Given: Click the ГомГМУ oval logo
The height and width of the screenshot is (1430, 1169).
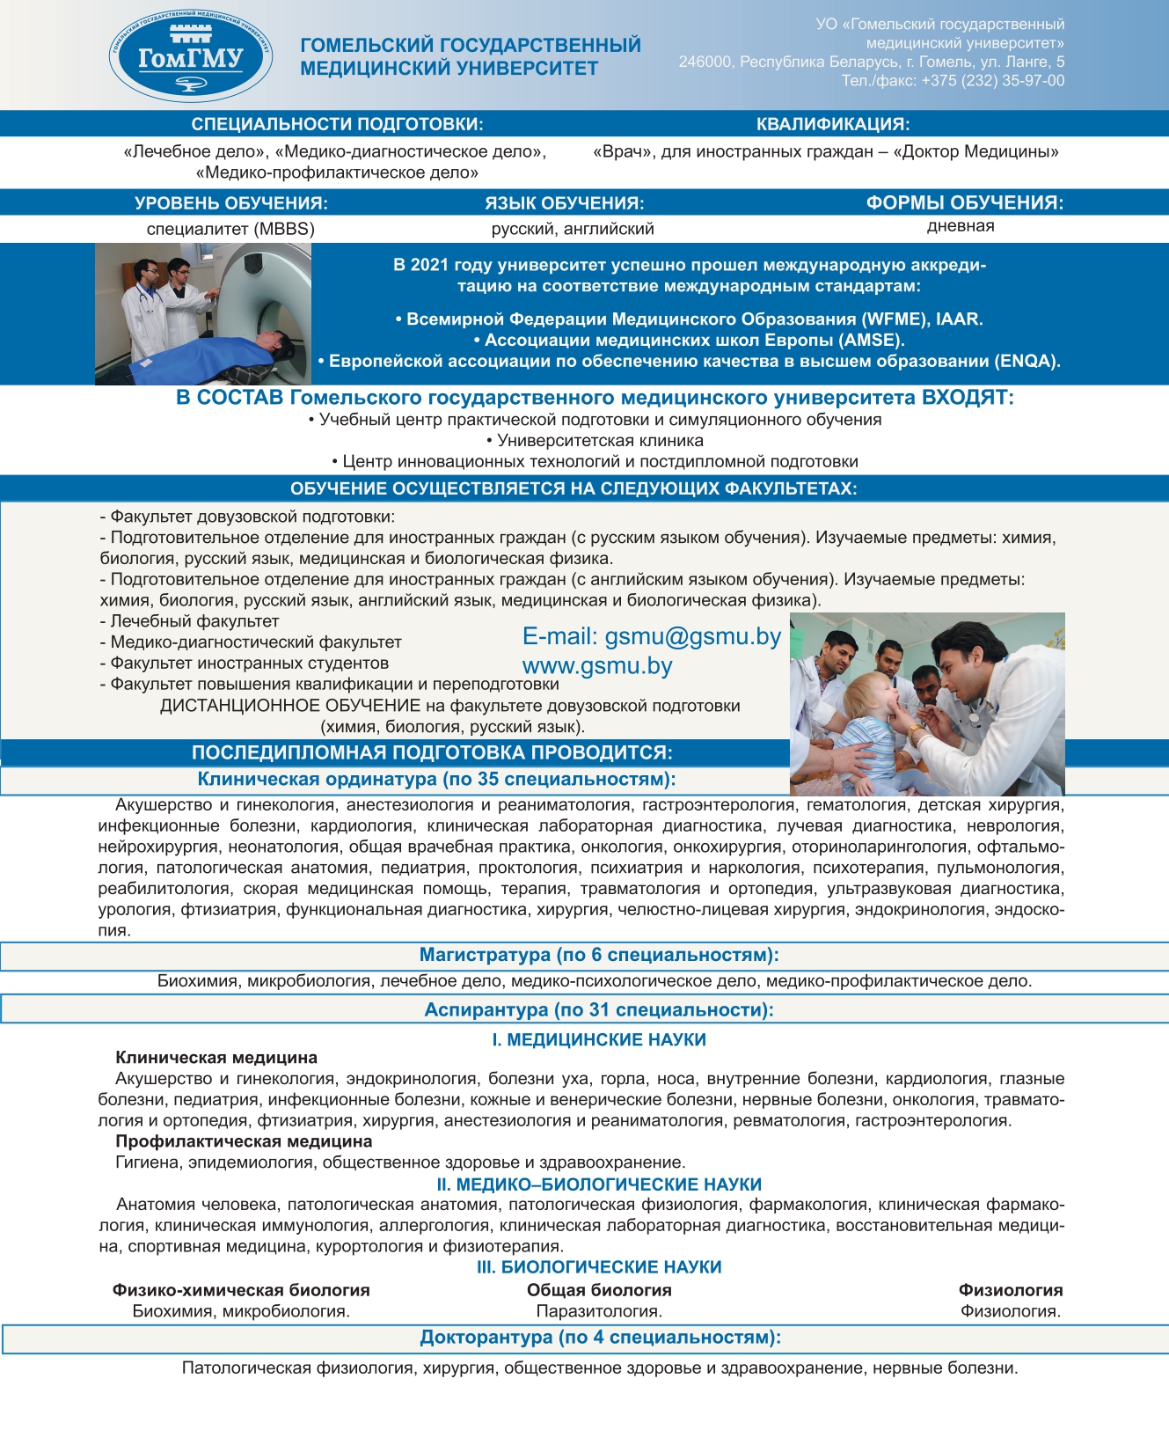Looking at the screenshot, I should (190, 57).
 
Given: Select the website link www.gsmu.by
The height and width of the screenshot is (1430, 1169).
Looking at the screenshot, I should (597, 666).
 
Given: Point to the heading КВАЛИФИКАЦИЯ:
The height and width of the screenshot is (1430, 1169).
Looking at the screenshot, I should (832, 124).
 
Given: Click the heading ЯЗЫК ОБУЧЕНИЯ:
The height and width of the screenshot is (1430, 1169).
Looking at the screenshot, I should (564, 203).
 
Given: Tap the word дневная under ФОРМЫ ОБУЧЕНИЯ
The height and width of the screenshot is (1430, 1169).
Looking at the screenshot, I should (961, 226).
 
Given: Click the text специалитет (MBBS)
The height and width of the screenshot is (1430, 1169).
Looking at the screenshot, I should (230, 229).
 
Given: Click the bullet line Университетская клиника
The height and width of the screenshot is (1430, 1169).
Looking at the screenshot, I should (595, 441).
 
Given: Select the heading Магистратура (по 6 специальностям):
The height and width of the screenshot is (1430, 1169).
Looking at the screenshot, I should (599, 955).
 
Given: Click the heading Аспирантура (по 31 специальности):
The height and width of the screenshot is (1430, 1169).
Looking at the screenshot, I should (599, 1010).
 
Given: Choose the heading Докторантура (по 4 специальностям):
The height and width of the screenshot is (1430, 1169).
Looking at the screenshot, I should (600, 1338).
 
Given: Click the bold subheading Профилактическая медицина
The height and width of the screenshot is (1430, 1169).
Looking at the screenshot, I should (244, 1141).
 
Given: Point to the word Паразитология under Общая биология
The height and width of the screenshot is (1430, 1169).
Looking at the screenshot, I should (599, 1311).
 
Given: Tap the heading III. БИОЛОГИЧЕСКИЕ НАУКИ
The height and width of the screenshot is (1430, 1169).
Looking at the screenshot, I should (599, 1267).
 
